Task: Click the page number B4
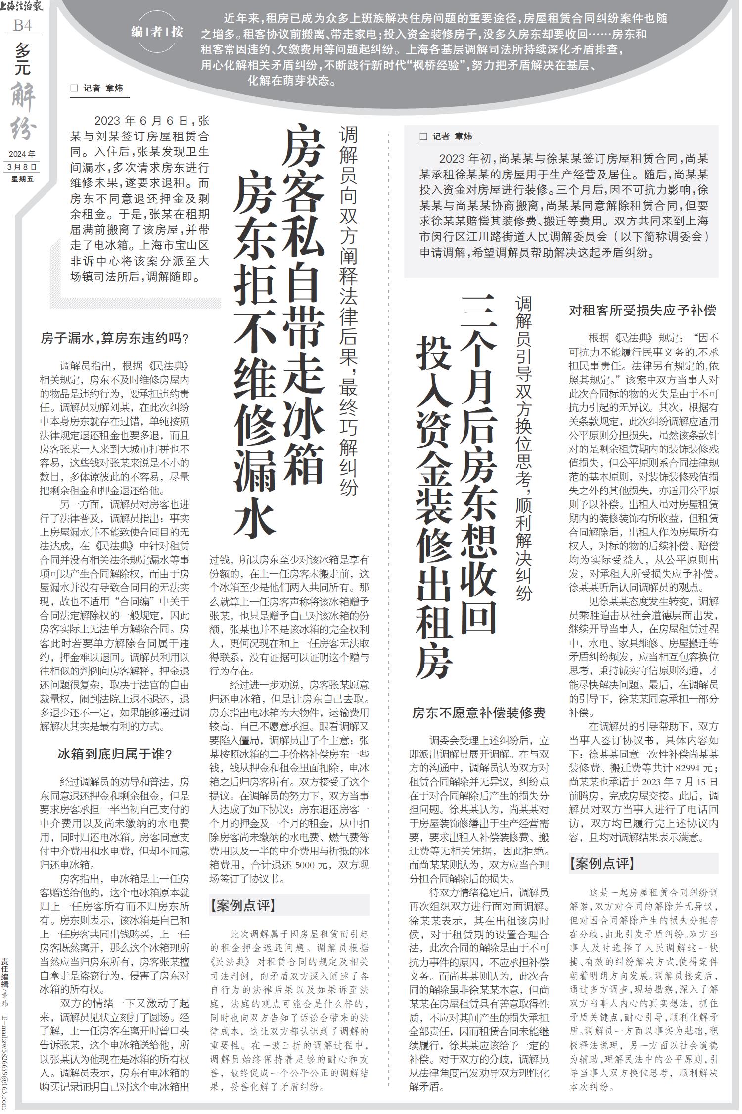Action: click(22, 25)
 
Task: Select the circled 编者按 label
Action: click(156, 33)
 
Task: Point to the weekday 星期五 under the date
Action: click(23, 179)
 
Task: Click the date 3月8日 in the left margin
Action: click(23, 167)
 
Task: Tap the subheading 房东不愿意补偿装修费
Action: click(479, 713)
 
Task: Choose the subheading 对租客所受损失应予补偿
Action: click(643, 311)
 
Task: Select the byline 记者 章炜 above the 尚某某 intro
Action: click(452, 136)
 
